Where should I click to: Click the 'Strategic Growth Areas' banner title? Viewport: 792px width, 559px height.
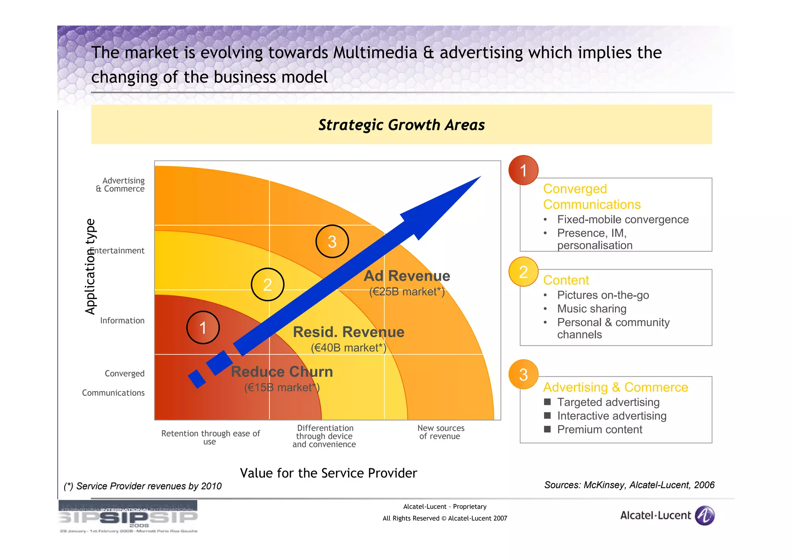401,125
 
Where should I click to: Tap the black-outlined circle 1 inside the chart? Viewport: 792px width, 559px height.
203,328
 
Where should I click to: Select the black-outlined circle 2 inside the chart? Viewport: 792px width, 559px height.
268,285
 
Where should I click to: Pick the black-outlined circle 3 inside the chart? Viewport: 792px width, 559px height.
332,241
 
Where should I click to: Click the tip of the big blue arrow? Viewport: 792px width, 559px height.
480,177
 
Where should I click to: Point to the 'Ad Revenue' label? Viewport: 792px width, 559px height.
407,276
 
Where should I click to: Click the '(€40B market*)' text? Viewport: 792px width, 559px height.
348,348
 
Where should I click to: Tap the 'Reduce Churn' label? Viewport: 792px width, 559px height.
282,372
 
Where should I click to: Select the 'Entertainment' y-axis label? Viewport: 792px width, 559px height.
118,251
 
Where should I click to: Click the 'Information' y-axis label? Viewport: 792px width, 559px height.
122,321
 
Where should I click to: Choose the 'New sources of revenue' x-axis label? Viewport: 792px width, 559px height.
440,432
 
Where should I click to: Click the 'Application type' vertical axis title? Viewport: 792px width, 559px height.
90,267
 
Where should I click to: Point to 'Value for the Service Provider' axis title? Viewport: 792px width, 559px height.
328,473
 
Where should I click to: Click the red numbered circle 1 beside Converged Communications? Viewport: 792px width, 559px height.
523,170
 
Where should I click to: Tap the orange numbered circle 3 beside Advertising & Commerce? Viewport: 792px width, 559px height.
523,374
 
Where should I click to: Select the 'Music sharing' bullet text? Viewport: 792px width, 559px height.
592,309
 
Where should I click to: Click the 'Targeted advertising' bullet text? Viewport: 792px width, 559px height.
608,402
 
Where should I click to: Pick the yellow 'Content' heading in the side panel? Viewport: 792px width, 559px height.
566,280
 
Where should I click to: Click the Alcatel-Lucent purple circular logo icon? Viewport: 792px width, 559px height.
705,516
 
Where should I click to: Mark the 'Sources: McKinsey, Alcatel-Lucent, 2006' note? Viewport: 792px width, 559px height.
629,485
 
